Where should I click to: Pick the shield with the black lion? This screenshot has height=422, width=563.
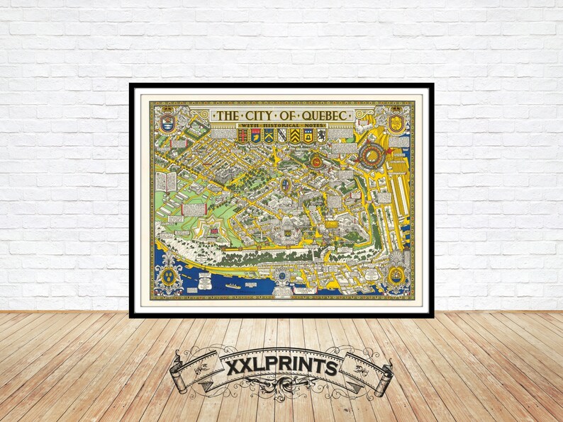tap(320, 136)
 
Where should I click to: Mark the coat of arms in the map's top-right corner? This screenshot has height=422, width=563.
tap(396, 120)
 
